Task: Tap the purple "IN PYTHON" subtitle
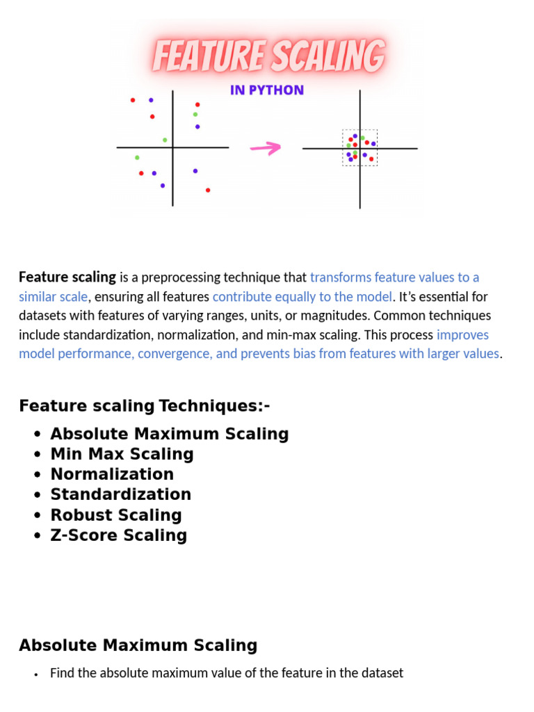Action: tap(267, 90)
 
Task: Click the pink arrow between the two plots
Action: tap(265, 147)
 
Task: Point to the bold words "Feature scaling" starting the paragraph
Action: tap(67, 277)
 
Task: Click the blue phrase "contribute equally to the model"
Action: tap(302, 296)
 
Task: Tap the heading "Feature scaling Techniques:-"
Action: tap(144, 405)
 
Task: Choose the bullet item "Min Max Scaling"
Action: tap(122, 454)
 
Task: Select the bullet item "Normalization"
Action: tap(112, 474)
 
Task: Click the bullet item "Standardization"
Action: tap(120, 494)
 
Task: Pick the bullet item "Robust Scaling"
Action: tap(115, 515)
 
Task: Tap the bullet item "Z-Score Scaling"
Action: tap(118, 535)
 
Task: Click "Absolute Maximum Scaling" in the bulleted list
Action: tap(169, 434)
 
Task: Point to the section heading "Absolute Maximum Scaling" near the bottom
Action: tap(138, 645)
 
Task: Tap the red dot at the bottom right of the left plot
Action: tap(208, 190)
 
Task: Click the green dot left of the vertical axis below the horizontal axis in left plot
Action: tap(137, 158)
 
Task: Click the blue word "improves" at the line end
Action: tap(462, 334)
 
